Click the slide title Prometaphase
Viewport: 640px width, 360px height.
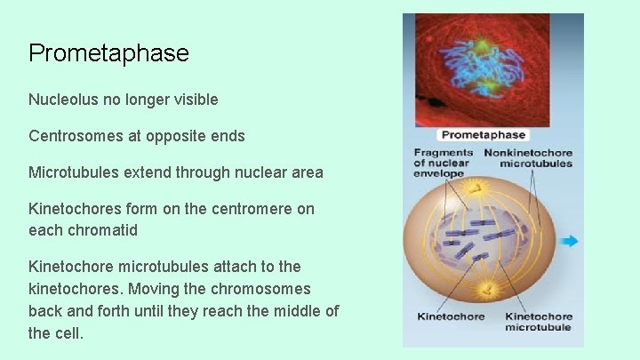pos(108,53)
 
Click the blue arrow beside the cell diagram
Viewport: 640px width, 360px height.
pos(570,240)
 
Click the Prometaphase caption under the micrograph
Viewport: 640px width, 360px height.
pos(484,135)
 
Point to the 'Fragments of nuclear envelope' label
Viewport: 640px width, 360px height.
pos(443,163)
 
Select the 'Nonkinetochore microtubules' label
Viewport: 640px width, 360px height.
pos(528,158)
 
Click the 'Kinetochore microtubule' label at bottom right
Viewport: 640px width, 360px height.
pos(538,322)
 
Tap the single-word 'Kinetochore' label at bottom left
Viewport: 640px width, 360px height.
pos(451,316)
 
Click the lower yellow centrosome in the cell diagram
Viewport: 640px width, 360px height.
pos(487,289)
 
